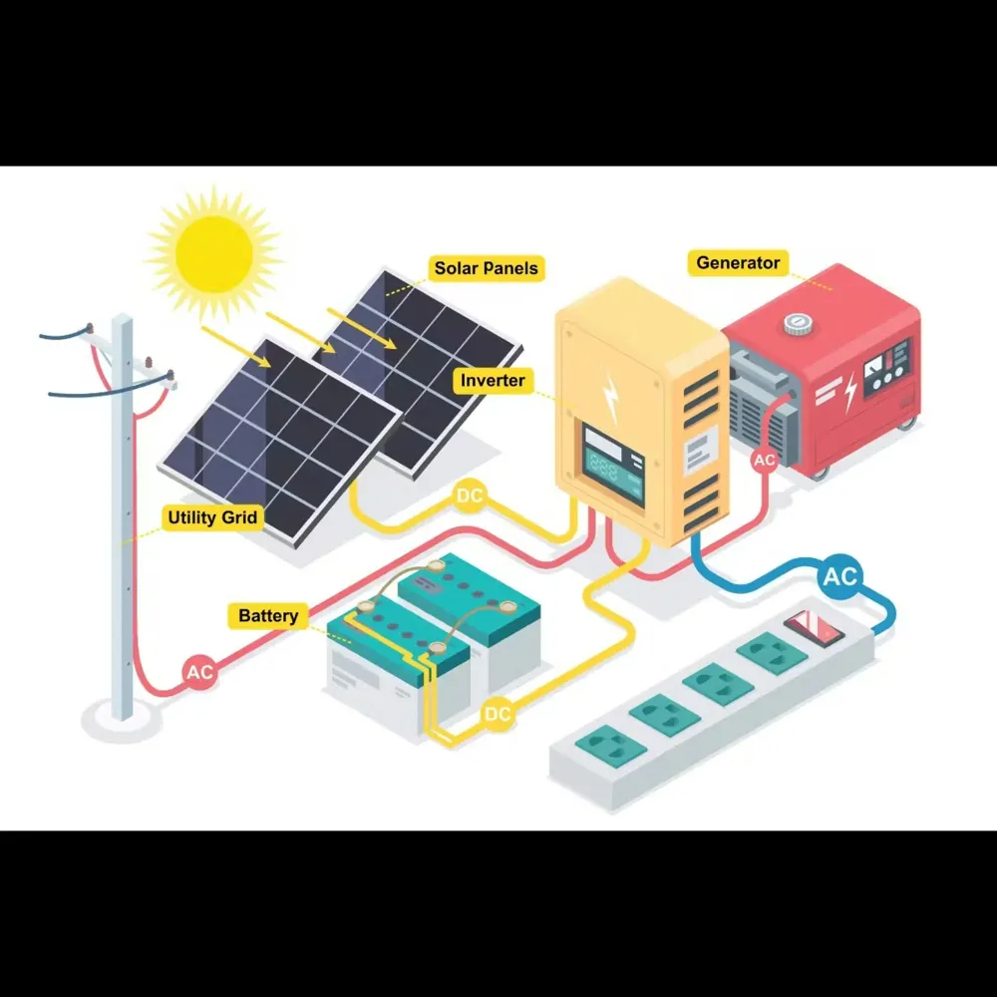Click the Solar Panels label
tap(486, 268)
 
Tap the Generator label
tap(738, 262)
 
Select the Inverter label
tap(493, 380)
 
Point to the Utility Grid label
tap(212, 517)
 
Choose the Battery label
tap(267, 615)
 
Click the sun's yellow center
tap(213, 253)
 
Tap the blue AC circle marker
tap(840, 576)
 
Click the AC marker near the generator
tap(764, 460)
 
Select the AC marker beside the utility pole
tap(199, 672)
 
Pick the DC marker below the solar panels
tap(470, 496)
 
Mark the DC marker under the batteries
tap(498, 714)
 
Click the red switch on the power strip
tap(814, 628)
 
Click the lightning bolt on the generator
tap(850, 393)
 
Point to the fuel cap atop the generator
tap(796, 324)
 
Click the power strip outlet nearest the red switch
tap(772, 653)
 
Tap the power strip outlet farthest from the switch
tap(610, 745)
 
